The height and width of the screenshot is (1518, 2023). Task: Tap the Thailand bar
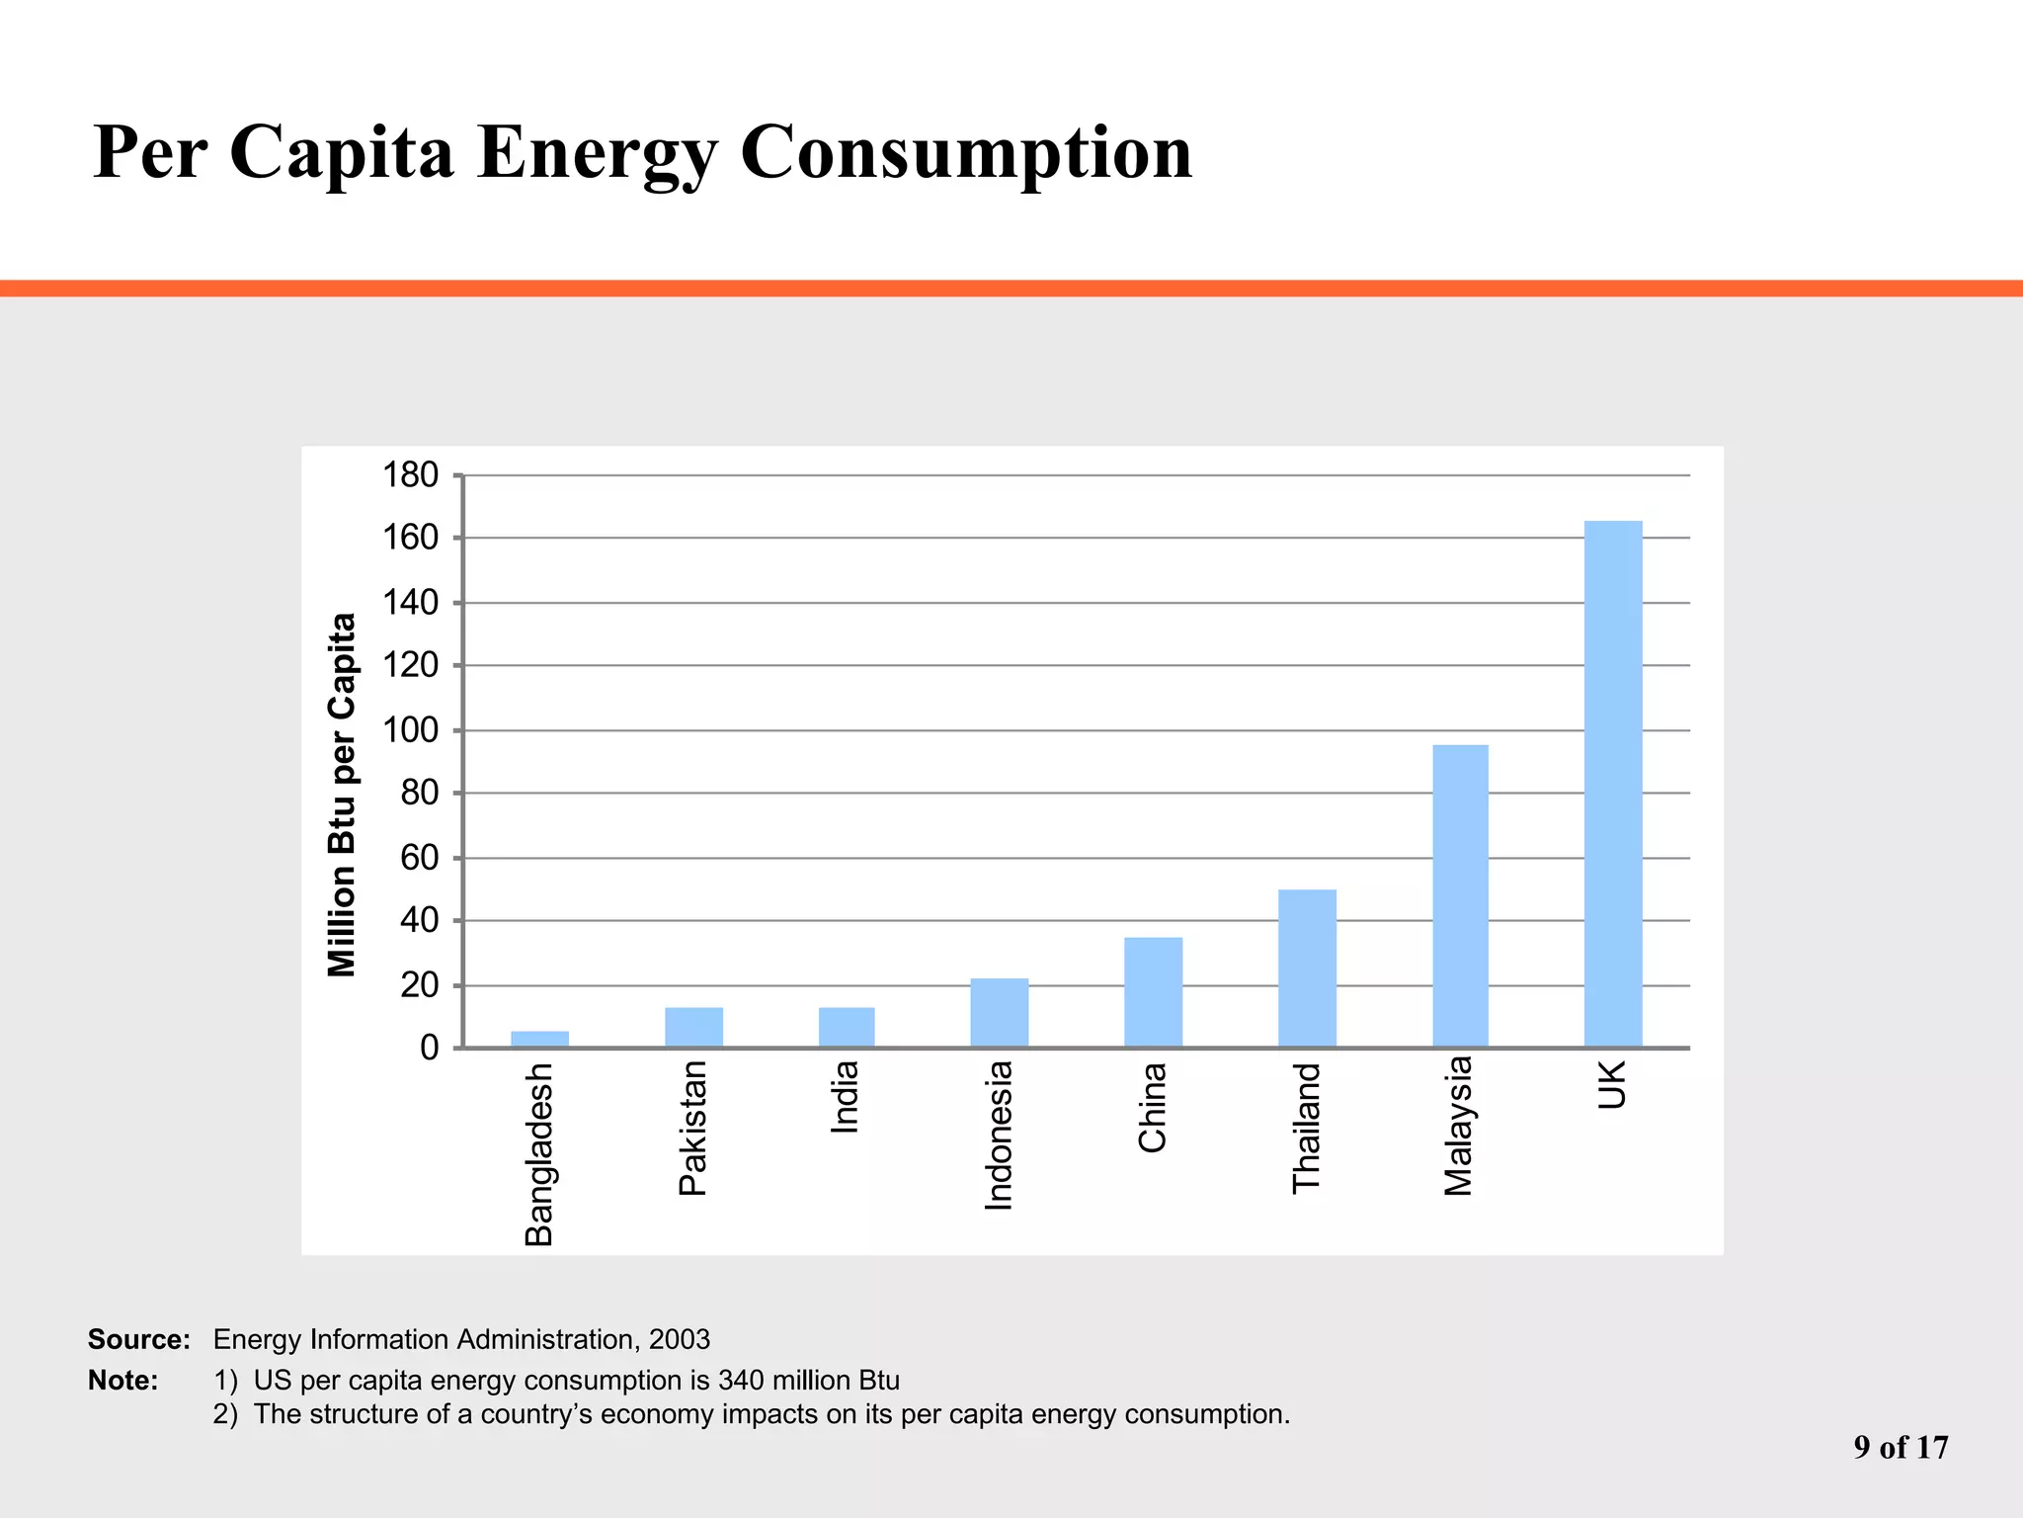click(x=1307, y=969)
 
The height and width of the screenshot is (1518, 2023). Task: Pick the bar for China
click(x=1153, y=992)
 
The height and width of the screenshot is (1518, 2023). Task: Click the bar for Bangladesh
click(x=539, y=1039)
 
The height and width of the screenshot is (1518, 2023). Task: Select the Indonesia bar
click(x=999, y=1013)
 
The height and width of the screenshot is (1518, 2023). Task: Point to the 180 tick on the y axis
click(x=411, y=475)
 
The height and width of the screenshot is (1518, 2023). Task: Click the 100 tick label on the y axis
click(x=411, y=730)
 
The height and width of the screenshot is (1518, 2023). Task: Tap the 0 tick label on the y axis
click(x=429, y=1048)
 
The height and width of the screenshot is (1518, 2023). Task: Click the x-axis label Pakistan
click(x=693, y=1128)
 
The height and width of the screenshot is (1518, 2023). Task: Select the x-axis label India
click(x=846, y=1097)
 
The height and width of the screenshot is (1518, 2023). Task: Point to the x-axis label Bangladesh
click(x=539, y=1154)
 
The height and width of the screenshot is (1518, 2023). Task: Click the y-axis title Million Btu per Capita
click(x=342, y=795)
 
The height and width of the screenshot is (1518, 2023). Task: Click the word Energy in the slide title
click(x=597, y=152)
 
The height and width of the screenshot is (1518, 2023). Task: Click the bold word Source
click(x=138, y=1339)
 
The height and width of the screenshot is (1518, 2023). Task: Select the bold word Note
click(x=122, y=1380)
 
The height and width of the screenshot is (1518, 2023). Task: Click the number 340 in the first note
click(x=741, y=1380)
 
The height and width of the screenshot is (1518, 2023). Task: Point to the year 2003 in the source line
click(x=680, y=1339)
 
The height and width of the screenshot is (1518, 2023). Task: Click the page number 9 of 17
click(x=1901, y=1448)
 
